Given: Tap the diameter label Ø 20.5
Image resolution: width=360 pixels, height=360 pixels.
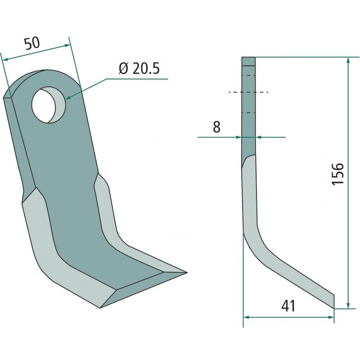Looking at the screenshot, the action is (x=139, y=68).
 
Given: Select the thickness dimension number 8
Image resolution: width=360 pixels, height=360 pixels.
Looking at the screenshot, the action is (x=216, y=126).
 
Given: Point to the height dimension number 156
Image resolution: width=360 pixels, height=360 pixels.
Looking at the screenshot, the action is (x=337, y=174).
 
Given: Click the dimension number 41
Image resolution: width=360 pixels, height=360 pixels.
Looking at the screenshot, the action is (x=288, y=306).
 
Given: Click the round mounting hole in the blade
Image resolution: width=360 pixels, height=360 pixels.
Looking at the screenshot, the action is (x=49, y=105).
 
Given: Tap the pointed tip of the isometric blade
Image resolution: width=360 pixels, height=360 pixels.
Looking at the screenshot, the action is (x=187, y=273).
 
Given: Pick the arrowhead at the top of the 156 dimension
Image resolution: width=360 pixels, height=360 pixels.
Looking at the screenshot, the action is (x=348, y=61).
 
